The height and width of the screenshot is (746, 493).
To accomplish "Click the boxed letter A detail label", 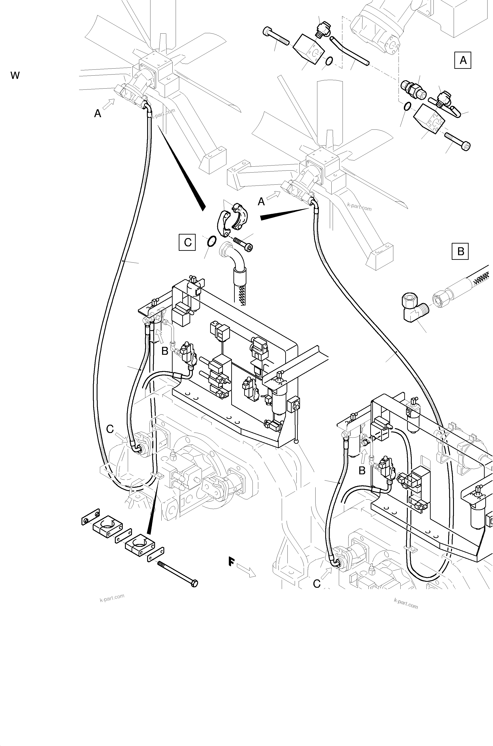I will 463,60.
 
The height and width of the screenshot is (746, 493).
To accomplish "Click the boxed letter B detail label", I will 460,251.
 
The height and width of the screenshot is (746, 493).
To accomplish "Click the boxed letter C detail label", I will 187,242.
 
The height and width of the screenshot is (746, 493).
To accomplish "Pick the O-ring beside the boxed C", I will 212,242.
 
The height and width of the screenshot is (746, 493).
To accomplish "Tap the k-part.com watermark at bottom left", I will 112,597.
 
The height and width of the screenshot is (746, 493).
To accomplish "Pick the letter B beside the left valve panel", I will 165,351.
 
